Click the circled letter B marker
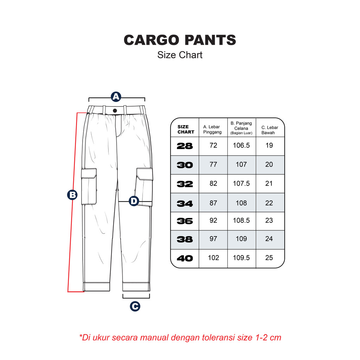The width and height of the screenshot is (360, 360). point(72,194)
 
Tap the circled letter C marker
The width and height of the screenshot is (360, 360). point(135,307)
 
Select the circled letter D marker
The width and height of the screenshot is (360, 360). point(134,201)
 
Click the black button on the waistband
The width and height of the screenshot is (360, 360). point(115,110)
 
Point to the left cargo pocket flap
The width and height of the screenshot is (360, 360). point(89,173)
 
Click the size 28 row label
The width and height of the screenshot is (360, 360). point(185,146)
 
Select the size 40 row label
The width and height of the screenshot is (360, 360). point(185,258)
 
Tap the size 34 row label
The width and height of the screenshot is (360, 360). point(185,204)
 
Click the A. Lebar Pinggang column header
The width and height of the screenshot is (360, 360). point(213,129)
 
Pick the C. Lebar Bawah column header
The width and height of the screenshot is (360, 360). point(269,130)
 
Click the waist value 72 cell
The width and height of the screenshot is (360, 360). point(213,146)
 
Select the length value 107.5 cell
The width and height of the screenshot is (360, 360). point(241,184)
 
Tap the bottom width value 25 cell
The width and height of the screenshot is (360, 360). point(269,258)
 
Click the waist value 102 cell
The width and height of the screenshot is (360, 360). point(213,258)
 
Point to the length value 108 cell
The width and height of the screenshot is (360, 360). point(241,203)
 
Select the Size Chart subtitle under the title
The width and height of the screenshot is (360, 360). point(180,55)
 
